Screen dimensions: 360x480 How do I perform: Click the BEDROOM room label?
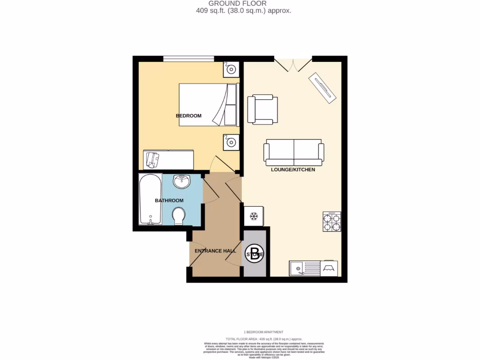(x=188, y=116)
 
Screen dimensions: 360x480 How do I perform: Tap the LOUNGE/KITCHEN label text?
(x=293, y=170)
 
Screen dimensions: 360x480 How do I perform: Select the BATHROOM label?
(x=169, y=201)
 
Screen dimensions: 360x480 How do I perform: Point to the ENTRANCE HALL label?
(x=215, y=251)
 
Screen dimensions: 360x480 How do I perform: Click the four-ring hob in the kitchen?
(x=331, y=222)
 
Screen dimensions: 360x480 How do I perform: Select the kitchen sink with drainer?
(x=304, y=269)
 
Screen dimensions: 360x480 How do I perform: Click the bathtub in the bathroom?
(x=150, y=199)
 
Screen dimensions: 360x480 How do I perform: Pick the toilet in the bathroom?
(x=179, y=216)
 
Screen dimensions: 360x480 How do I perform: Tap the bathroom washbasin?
(x=182, y=180)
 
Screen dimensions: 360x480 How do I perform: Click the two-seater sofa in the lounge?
(x=294, y=152)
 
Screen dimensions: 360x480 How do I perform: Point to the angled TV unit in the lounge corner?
(x=322, y=88)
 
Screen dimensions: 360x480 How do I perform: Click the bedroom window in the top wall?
(x=188, y=59)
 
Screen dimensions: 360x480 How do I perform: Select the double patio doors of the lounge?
(x=293, y=64)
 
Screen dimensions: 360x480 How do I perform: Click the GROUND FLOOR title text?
(x=237, y=3)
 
